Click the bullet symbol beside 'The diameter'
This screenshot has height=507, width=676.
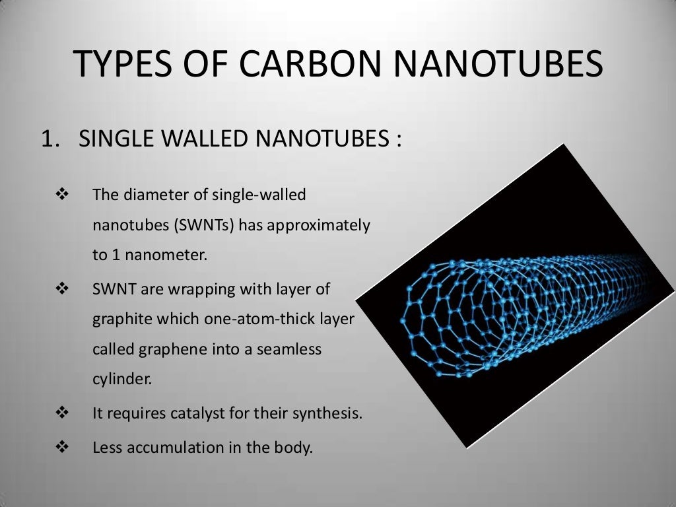pos(63,195)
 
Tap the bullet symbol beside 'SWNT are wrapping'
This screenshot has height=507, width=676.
pos(63,288)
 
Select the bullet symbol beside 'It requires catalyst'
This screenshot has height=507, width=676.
pos(63,414)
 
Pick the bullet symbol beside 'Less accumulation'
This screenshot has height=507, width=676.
pos(63,447)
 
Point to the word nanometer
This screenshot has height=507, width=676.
pos(173,255)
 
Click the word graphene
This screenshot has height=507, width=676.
pos(164,350)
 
